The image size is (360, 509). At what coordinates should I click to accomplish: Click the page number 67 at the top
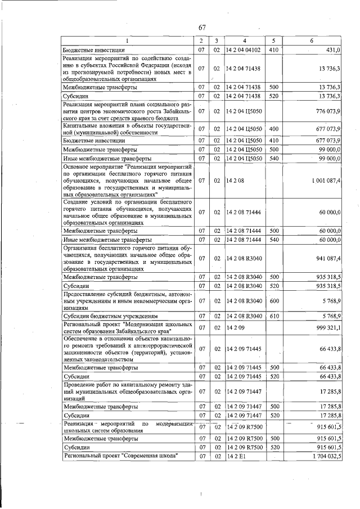tap(203, 29)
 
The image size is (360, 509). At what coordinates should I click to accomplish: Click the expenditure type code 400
tap(274, 129)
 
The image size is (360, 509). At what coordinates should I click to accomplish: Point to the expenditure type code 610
tap(274, 316)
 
